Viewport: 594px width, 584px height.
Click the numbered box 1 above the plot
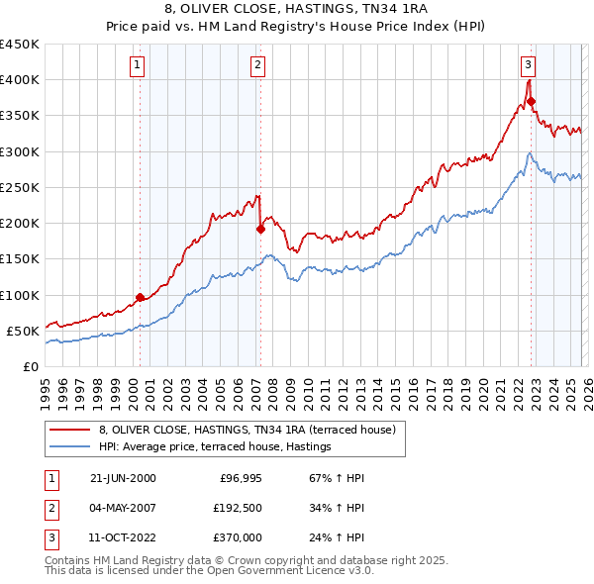pos(137,66)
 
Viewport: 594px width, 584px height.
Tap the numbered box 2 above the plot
pos(257,66)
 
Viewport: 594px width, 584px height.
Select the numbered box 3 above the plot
pos(529,66)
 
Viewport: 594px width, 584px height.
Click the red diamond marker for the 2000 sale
pos(141,296)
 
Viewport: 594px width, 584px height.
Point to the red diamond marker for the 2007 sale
pos(260,228)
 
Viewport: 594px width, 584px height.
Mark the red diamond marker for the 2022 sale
pos(532,101)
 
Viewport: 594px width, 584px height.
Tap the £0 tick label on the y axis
pos(30,367)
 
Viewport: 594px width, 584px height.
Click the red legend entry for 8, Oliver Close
pos(247,430)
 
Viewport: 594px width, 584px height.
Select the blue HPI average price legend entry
pos(215,447)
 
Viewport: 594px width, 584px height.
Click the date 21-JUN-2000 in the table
pos(123,478)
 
